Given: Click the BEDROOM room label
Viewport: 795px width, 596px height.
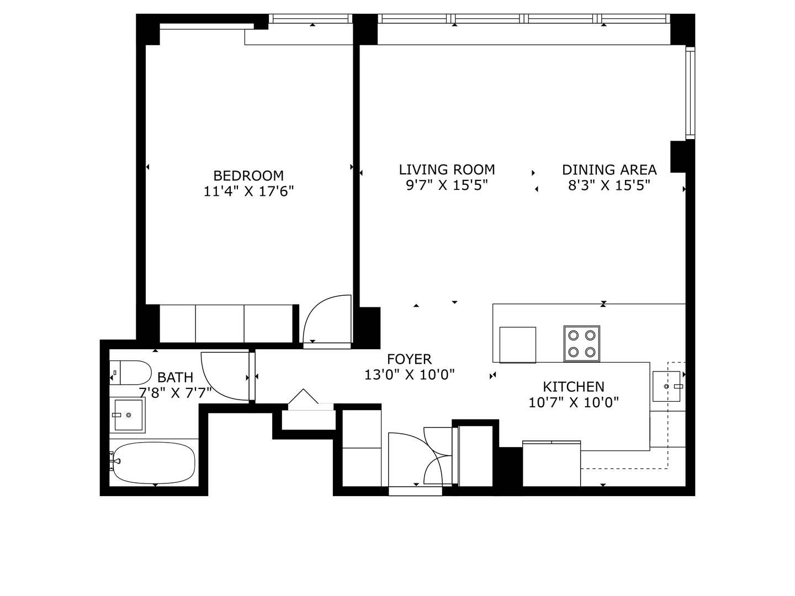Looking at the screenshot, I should point(248,175).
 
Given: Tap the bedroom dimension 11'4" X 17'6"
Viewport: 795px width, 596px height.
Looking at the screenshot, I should point(248,191).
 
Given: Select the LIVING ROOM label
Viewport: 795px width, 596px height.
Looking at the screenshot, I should point(447,169).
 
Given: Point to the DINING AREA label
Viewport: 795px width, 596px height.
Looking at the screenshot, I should point(609,169).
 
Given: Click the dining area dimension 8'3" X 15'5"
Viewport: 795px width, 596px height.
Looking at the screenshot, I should point(609,185).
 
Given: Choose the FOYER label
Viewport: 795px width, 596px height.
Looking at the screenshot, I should point(409,359).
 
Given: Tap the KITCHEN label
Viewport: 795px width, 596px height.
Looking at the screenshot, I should point(573,386).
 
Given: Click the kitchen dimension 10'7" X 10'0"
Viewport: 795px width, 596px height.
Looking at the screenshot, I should point(573,402).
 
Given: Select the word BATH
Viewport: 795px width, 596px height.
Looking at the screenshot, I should point(175,377).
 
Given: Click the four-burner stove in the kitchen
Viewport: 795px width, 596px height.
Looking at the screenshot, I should point(582,343).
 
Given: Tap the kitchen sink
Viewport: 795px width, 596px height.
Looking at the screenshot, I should point(668,386).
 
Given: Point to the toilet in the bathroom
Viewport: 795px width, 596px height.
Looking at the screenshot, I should point(131,373).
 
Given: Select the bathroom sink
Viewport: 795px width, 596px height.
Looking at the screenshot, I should point(128,415).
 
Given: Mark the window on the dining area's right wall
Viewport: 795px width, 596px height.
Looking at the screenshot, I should point(690,93).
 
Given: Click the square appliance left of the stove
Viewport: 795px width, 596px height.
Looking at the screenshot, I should point(517,344).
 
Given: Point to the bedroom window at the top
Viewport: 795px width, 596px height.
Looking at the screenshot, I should point(311,19).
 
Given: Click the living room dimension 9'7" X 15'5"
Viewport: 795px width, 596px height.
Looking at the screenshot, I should point(447,185).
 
